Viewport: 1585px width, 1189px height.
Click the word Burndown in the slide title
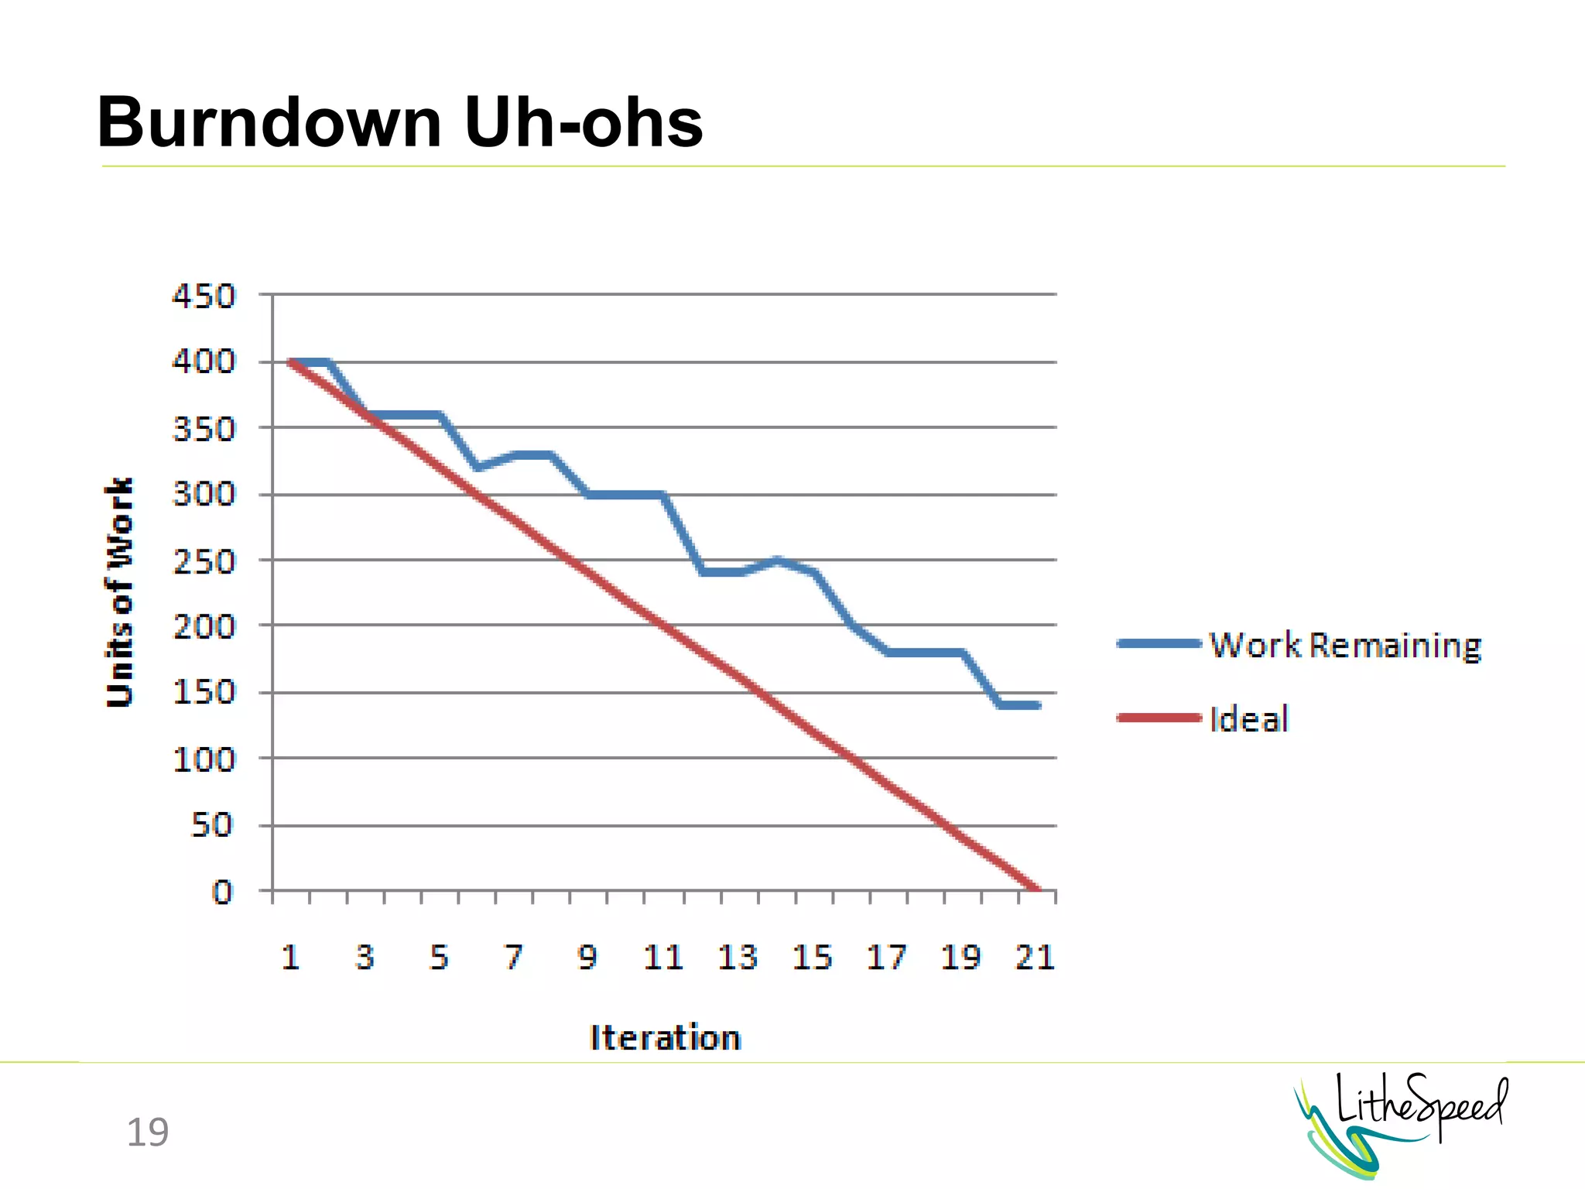[269, 122]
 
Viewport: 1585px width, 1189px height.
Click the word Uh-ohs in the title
[584, 122]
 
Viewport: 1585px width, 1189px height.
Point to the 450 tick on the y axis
[204, 296]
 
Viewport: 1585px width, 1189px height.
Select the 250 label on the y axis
[204, 561]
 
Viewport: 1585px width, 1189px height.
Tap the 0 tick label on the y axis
[222, 892]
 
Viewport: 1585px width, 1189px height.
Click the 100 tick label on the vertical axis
[204, 759]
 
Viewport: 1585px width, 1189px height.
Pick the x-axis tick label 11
[663, 958]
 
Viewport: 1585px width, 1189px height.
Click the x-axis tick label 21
[1035, 958]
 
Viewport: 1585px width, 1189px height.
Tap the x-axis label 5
[440, 958]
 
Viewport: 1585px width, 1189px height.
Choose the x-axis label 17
[886, 958]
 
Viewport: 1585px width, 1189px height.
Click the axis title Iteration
[666, 1037]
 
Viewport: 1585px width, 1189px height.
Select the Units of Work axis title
[120, 592]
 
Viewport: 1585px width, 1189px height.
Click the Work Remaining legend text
[1345, 645]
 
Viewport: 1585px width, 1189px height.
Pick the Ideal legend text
[1249, 719]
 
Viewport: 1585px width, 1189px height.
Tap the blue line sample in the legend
[1159, 643]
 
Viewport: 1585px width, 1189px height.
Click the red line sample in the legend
[1159, 718]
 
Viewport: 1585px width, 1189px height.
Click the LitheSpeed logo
[1401, 1122]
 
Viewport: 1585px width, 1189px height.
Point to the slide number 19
[147, 1132]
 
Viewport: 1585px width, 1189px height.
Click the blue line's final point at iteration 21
[1037, 705]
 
